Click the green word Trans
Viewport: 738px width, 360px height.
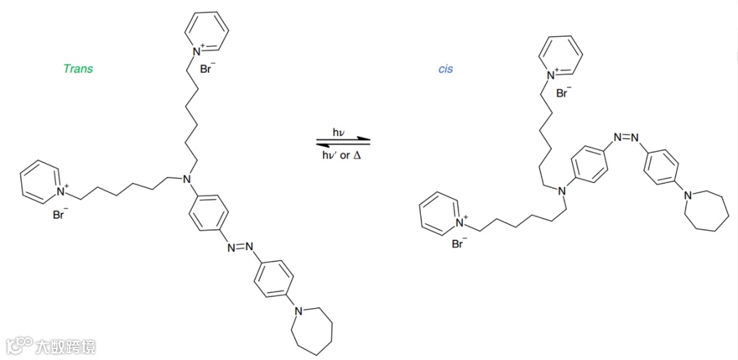(x=78, y=68)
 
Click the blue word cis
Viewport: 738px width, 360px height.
(x=446, y=68)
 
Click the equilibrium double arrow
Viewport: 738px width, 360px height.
(x=342, y=143)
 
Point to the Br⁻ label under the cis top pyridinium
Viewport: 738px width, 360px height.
(x=563, y=93)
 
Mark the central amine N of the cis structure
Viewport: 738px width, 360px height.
(x=563, y=191)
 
